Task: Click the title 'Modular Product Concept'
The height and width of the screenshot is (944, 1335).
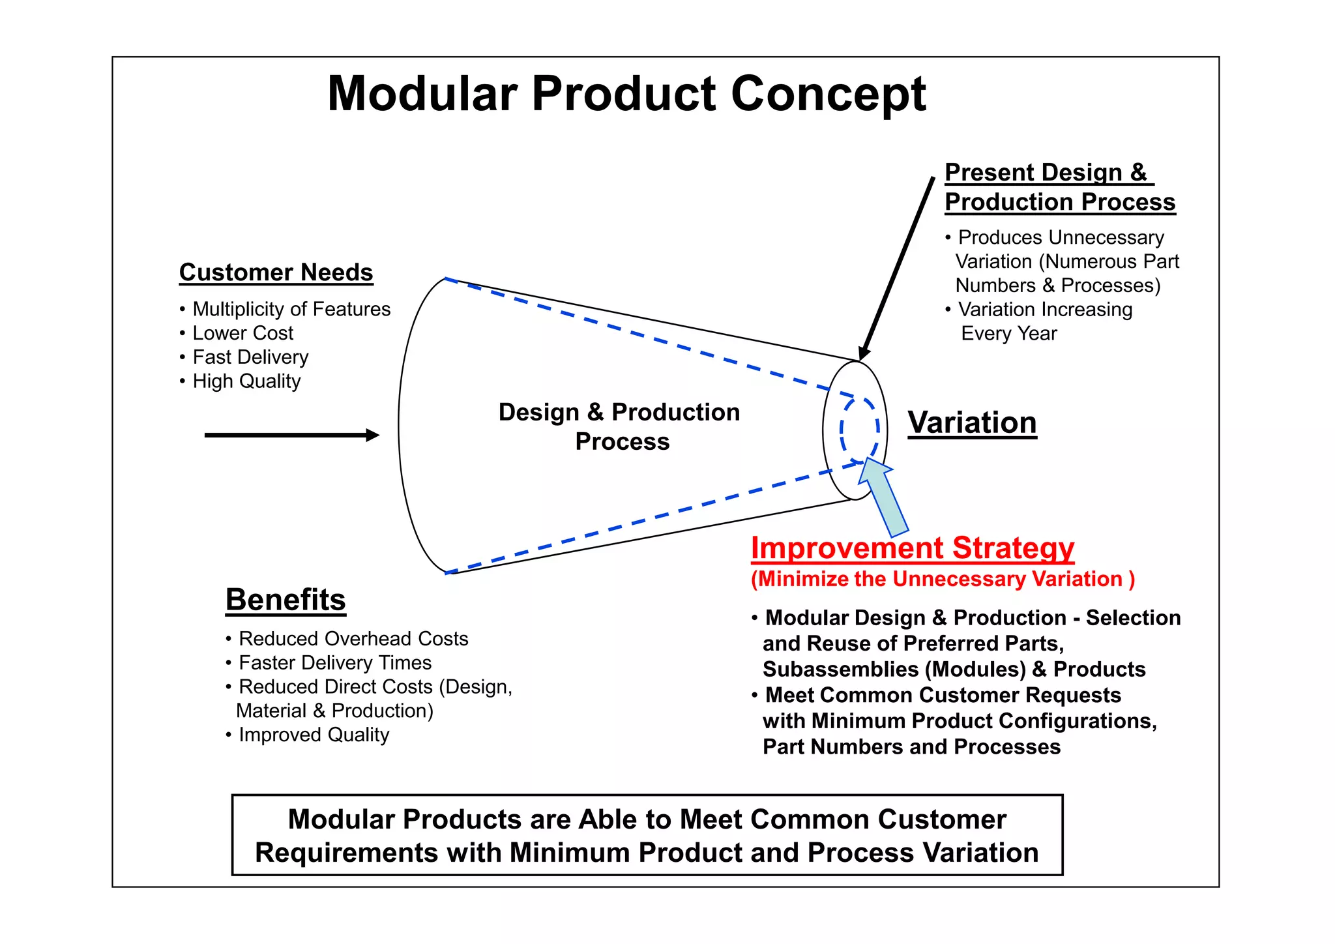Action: coord(626,94)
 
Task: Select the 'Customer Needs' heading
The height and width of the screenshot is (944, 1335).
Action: coord(276,273)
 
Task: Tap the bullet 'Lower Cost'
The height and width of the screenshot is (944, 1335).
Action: coord(242,333)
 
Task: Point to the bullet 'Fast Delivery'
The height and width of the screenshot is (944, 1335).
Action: coord(250,357)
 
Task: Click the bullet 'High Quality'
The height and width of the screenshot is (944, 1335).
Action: coord(246,381)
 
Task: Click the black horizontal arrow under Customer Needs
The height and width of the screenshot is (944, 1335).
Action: coord(290,435)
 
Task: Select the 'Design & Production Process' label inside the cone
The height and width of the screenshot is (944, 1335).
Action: coord(619,426)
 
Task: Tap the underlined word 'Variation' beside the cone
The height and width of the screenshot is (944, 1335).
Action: coord(971,422)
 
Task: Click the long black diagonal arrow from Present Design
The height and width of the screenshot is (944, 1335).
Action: coord(897,267)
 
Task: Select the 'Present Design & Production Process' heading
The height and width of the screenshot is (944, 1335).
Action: coord(1059,187)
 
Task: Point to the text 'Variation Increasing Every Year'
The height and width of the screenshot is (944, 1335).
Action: coord(1043,321)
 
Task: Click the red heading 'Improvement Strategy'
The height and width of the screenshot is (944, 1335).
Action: coord(912,548)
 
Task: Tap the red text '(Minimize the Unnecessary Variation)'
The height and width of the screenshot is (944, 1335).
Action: coord(942,579)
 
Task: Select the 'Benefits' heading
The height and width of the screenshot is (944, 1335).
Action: coord(286,599)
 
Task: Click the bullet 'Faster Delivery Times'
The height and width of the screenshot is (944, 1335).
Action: coord(334,663)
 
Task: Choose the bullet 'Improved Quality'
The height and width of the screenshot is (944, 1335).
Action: coord(314,735)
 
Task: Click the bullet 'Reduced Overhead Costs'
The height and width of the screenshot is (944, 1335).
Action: coord(353,639)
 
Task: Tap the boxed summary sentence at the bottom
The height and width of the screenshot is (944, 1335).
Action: coord(647,836)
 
